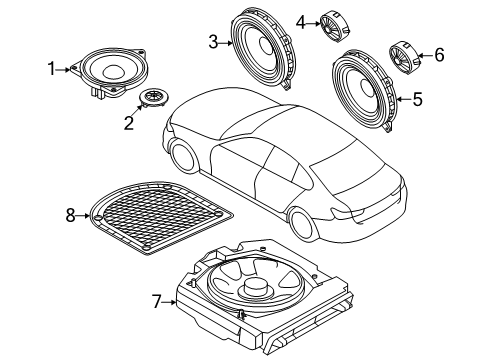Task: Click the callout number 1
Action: (53, 69)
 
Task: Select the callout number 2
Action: (127, 124)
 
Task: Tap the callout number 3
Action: (213, 41)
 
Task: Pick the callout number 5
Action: (419, 98)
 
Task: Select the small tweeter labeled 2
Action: (153, 97)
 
